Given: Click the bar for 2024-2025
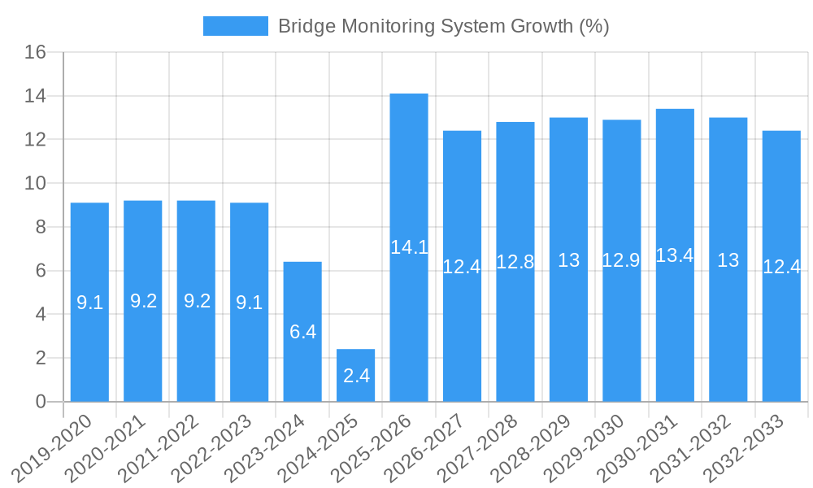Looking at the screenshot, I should click(356, 375).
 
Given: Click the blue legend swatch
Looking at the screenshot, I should click(235, 26).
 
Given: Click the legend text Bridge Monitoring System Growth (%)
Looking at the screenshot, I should click(443, 26).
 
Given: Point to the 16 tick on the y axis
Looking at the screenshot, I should click(35, 53).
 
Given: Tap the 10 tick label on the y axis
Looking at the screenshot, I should click(35, 184).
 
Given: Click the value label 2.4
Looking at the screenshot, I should click(356, 376).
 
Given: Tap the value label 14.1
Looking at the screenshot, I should click(409, 248).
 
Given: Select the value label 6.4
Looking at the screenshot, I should click(302, 332).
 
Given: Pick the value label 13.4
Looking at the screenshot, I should click(675, 255).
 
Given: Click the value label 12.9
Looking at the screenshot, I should click(621, 260).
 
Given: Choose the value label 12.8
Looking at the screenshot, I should click(515, 262).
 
